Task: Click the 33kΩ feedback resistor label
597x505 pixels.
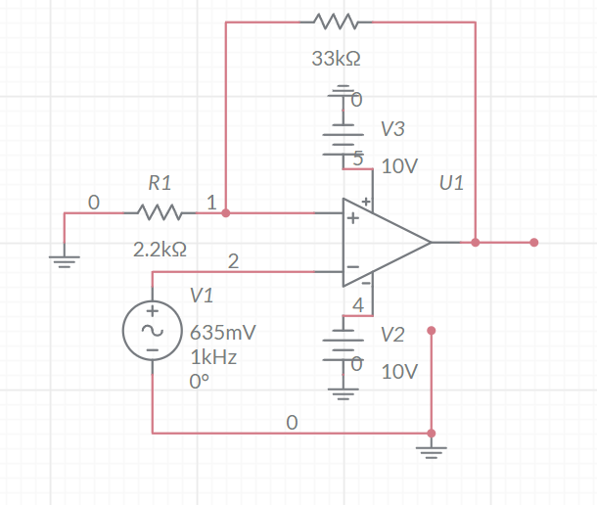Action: [336, 59]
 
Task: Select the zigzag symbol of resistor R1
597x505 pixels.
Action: [159, 211]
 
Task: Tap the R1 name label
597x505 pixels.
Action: [160, 182]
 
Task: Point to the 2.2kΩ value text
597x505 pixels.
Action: [159, 250]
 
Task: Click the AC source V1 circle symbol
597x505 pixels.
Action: [153, 330]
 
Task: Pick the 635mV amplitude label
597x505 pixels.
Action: [223, 332]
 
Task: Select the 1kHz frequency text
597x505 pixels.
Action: [213, 357]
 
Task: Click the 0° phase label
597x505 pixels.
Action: [199, 382]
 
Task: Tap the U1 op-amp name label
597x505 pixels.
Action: [451, 183]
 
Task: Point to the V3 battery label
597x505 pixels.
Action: [392, 129]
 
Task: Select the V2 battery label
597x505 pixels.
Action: [392, 335]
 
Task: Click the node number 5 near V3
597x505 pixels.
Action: [358, 158]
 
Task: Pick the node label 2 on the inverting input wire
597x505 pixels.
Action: [233, 260]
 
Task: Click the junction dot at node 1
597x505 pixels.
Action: [226, 211]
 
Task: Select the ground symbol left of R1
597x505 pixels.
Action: [64, 260]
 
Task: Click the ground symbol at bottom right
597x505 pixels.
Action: [432, 450]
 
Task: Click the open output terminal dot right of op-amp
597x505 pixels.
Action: [533, 242]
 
